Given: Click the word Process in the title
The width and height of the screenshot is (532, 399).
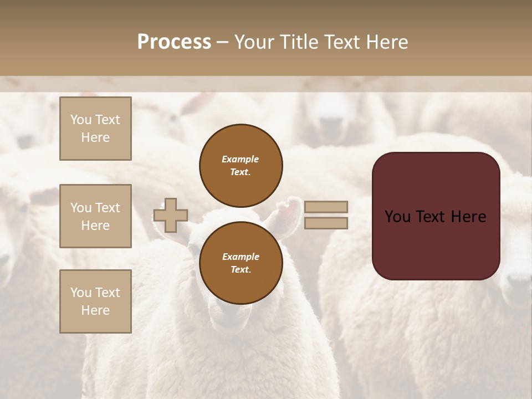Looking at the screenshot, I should (x=174, y=42).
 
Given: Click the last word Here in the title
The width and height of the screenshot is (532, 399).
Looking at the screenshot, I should (x=386, y=42).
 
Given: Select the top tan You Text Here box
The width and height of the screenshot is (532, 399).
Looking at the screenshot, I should (x=95, y=129).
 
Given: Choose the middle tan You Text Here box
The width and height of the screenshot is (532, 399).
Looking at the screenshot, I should (x=95, y=216).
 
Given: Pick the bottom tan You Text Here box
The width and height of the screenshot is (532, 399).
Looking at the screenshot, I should (x=95, y=301).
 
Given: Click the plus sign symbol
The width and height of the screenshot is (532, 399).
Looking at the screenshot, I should (x=171, y=215).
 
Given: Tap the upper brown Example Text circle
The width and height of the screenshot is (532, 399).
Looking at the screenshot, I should (x=241, y=166).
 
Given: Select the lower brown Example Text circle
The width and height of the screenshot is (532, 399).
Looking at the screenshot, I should (x=241, y=263).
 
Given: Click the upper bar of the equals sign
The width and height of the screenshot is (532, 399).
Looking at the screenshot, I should (x=326, y=207).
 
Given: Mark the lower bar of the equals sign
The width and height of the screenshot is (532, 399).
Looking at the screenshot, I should (x=326, y=223).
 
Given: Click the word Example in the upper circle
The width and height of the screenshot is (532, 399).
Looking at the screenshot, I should (x=240, y=159).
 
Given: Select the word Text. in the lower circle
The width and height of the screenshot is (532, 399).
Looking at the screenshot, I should (x=241, y=269).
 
